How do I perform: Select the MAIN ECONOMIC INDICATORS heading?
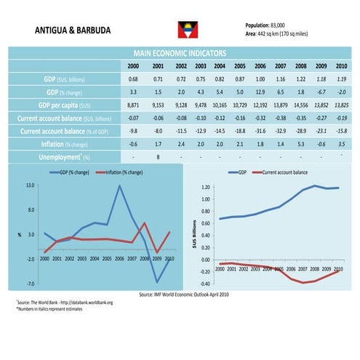(x=180, y=54)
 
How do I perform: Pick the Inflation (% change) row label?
(x=69, y=144)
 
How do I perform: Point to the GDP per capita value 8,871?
(x=133, y=105)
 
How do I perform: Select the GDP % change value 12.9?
(x=260, y=92)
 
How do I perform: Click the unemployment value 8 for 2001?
(x=158, y=156)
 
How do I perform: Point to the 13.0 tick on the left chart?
(x=30, y=185)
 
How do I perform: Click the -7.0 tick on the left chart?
(x=30, y=283)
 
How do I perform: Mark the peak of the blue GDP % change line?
(x=119, y=186)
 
